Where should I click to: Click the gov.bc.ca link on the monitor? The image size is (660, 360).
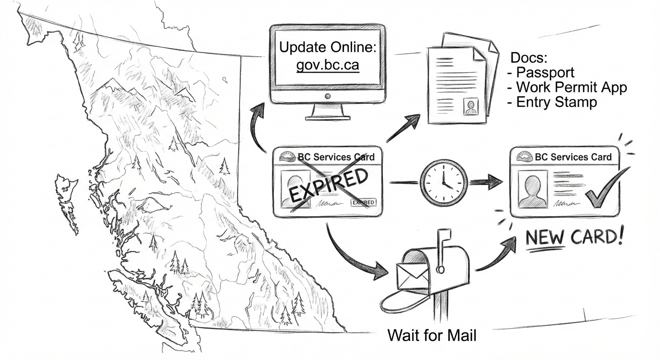point(327,65)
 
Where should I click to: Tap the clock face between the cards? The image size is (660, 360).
point(443,182)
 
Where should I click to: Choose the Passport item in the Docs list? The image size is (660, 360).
point(544,73)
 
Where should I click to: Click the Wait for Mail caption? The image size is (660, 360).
point(432,336)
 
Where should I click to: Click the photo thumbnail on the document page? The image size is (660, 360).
point(470,106)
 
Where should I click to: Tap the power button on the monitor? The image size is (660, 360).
point(328,96)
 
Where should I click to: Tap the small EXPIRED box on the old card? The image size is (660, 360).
point(363,203)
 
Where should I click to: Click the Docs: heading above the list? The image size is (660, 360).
point(529,59)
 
